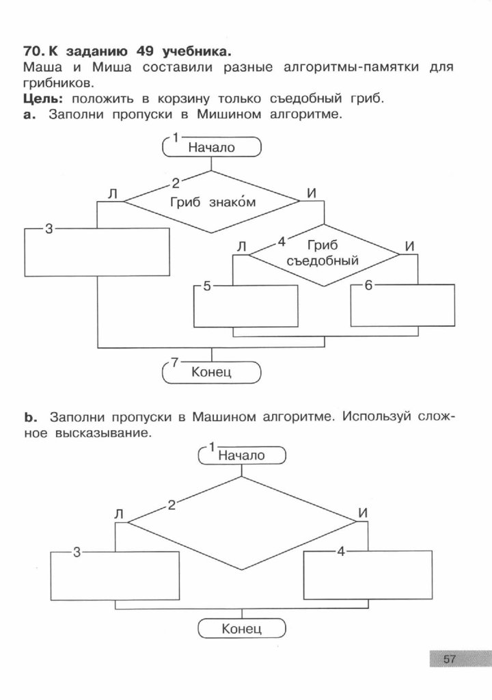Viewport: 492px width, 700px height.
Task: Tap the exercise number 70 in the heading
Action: click(x=32, y=52)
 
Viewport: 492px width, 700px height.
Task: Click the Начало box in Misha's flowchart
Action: click(x=211, y=146)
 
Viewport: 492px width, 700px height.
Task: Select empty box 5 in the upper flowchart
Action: click(x=246, y=306)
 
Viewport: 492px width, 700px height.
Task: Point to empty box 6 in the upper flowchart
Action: click(x=402, y=305)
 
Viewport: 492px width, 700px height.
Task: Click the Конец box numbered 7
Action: click(x=211, y=372)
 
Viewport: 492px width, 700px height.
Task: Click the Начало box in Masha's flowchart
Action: click(x=241, y=455)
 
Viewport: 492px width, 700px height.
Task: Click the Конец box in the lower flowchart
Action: click(x=241, y=628)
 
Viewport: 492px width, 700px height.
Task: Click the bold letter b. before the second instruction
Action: click(x=29, y=417)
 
